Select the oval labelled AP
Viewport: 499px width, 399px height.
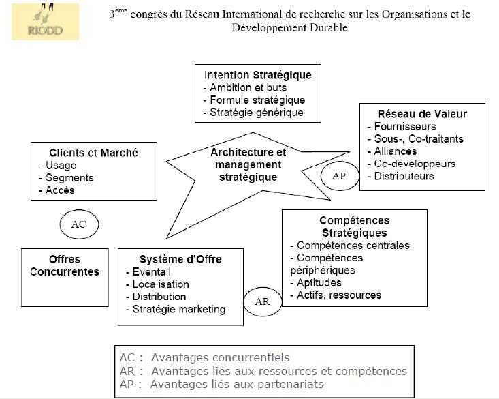click(x=338, y=175)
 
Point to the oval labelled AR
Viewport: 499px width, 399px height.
click(x=262, y=300)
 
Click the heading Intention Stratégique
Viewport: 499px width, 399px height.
click(x=257, y=75)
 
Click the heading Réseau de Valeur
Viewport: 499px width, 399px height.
click(x=422, y=114)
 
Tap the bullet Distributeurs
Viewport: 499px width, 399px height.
click(x=403, y=176)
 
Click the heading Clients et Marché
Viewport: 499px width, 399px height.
click(x=93, y=153)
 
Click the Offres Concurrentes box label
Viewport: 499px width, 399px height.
click(x=65, y=265)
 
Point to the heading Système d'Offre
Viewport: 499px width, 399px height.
click(x=180, y=259)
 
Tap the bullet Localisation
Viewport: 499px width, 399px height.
click(x=160, y=284)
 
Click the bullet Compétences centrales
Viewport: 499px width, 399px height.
click(x=349, y=246)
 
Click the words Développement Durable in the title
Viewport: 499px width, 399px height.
click(x=289, y=28)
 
